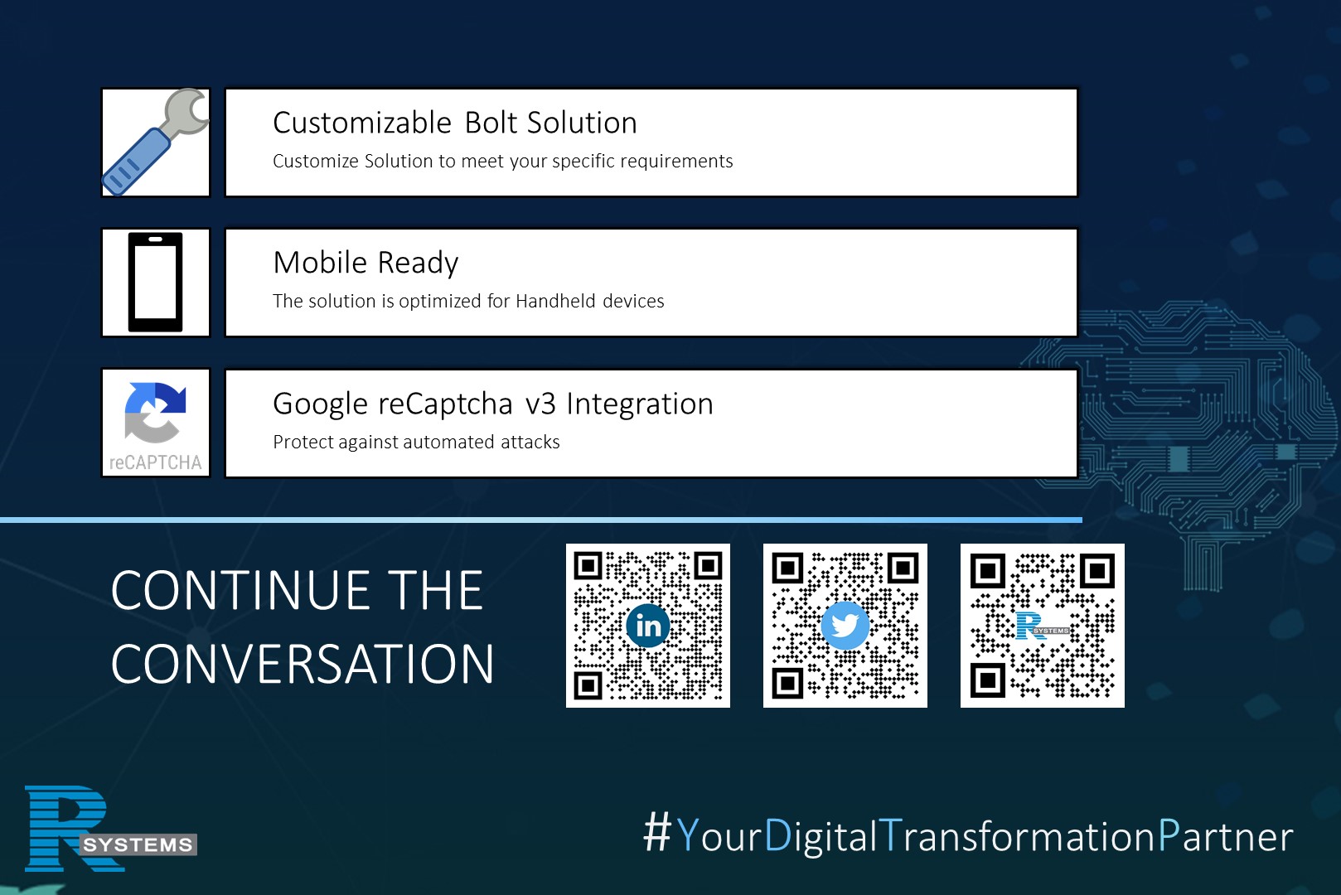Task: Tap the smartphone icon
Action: click(x=155, y=282)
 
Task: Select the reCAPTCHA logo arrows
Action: click(x=155, y=412)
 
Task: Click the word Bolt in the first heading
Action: click(x=491, y=123)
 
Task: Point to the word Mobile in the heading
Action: click(x=320, y=262)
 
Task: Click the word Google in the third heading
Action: click(x=320, y=404)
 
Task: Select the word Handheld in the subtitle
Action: click(x=555, y=300)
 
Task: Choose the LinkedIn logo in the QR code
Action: click(x=648, y=626)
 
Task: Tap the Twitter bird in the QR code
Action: click(x=845, y=626)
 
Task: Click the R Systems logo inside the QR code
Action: click(x=1043, y=626)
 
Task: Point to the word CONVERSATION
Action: click(x=303, y=664)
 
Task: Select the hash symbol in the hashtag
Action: click(x=657, y=831)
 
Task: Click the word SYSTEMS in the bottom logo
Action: click(x=138, y=844)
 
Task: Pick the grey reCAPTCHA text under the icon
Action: click(x=155, y=462)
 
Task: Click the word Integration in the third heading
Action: click(x=640, y=404)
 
